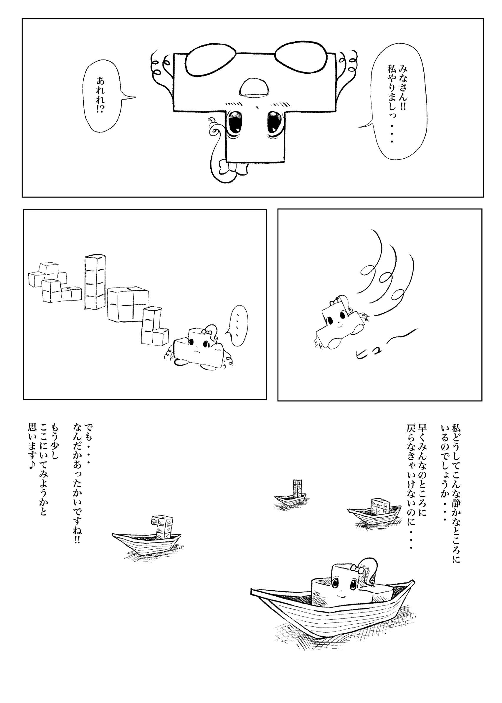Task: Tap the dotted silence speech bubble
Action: [236, 325]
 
